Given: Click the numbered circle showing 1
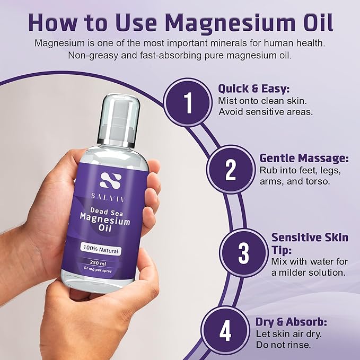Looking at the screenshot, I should tap(188, 103).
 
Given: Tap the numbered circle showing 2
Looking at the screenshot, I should tap(230, 170).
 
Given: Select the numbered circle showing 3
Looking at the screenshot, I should tap(243, 253).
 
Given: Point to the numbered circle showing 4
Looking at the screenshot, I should tap(225, 331).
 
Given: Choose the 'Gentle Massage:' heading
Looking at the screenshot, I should tap(304, 158).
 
